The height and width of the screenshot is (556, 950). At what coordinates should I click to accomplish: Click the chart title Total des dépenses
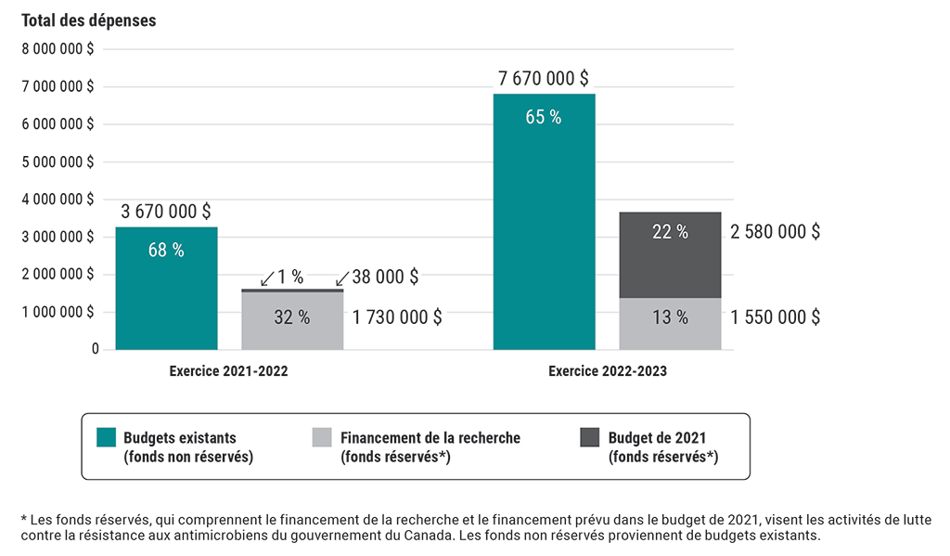click(89, 20)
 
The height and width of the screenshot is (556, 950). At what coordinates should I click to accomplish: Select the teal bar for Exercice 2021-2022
click(166, 288)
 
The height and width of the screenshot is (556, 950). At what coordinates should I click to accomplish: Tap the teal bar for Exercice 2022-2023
click(544, 223)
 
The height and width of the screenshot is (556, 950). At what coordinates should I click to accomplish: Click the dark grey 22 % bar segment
click(670, 255)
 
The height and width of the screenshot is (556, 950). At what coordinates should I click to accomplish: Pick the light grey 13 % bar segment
click(670, 324)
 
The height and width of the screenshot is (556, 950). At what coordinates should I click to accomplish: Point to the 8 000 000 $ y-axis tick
click(58, 49)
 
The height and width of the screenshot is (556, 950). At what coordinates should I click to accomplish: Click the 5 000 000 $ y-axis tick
click(58, 162)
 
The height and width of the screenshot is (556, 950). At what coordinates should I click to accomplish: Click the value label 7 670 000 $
click(544, 78)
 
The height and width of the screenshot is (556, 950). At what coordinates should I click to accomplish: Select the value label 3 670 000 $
click(166, 212)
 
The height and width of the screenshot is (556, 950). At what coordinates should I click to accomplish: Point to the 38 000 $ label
click(385, 277)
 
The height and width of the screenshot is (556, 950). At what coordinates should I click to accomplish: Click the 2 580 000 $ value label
click(775, 232)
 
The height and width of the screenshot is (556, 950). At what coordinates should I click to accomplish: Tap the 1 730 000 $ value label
click(397, 317)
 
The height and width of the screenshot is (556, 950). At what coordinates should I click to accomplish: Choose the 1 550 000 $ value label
click(775, 317)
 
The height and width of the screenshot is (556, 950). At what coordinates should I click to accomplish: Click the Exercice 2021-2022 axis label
click(228, 371)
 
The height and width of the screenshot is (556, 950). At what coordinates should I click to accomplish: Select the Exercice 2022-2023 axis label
click(607, 371)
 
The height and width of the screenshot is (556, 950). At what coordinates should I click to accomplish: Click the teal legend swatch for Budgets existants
click(107, 437)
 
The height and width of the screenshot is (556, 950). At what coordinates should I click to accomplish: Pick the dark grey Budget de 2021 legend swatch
click(590, 437)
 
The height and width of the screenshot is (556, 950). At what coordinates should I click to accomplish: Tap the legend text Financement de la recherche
click(430, 438)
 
